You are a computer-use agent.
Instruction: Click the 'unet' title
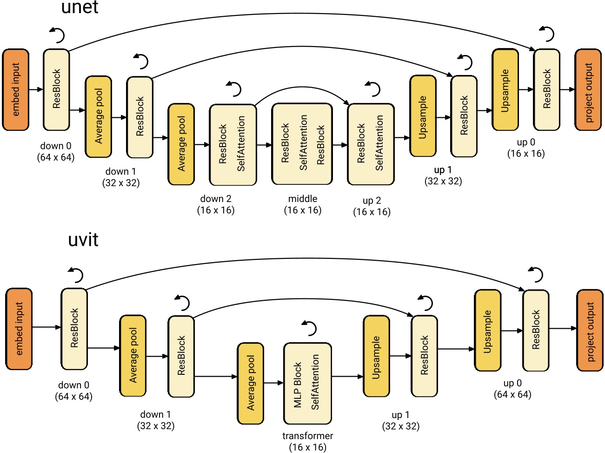pyautogui.click(x=80, y=8)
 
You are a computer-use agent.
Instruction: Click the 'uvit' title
pyautogui.click(x=83, y=240)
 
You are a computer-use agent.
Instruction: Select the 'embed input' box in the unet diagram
pyautogui.click(x=16, y=89)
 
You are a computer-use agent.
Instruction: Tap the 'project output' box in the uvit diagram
pyautogui.click(x=590, y=331)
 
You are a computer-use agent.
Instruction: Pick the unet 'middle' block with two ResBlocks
pyautogui.click(x=302, y=144)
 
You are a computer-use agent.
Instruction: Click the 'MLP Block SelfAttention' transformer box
pyautogui.click(x=307, y=382)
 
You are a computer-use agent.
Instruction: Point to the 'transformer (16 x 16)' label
pyautogui.click(x=307, y=441)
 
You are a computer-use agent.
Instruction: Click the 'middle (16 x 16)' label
pyautogui.click(x=303, y=204)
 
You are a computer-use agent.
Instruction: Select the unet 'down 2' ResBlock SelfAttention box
pyautogui.click(x=233, y=144)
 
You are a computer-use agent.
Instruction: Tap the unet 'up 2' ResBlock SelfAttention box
pyautogui.click(x=371, y=144)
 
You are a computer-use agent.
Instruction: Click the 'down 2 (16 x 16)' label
pyautogui.click(x=216, y=204)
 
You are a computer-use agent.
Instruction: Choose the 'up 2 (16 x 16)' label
pyautogui.click(x=372, y=206)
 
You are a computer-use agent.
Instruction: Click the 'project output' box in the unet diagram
pyautogui.click(x=588, y=89)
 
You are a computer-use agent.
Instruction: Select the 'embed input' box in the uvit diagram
pyautogui.click(x=19, y=329)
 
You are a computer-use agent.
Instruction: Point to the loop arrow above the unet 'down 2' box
pyautogui.click(x=234, y=88)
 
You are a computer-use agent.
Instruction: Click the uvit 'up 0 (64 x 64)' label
pyautogui.click(x=512, y=389)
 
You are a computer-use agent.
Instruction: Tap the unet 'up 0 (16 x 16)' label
pyautogui.click(x=526, y=148)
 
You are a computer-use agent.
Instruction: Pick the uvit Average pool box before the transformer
pyautogui.click(x=250, y=383)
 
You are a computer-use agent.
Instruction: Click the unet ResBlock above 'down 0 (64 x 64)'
pyautogui.click(x=56, y=89)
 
